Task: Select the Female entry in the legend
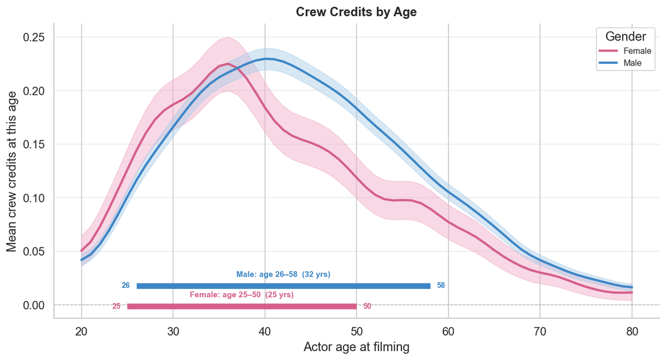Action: pos(632,51)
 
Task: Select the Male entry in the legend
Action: pos(632,64)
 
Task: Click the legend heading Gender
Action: pos(625,37)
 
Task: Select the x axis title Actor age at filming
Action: pos(356,348)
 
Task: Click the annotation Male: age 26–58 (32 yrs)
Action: pos(283,275)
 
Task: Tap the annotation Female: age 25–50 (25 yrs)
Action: pos(241,295)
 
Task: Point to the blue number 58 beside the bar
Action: pos(441,286)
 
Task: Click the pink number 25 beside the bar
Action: pos(116,306)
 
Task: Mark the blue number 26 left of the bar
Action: pos(125,286)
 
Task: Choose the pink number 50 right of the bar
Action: pos(367,306)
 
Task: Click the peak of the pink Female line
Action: pos(228,64)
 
